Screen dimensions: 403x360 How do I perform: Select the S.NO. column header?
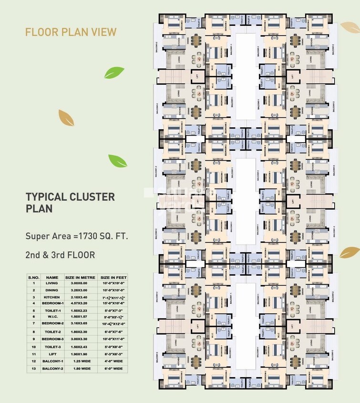[33, 277]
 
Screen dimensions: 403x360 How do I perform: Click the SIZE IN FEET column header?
[113, 277]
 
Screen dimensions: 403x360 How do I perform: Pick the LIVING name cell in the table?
[52, 283]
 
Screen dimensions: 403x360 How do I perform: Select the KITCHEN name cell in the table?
[52, 297]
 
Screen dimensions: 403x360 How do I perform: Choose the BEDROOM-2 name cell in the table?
[52, 323]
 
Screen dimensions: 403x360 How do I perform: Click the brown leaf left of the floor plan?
[66, 117]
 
